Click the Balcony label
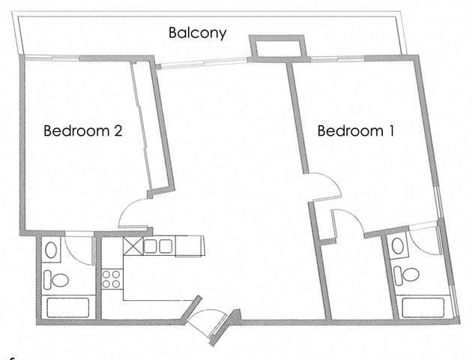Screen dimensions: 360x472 pyautogui.click(x=197, y=33)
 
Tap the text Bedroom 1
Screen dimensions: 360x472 pyautogui.click(x=356, y=131)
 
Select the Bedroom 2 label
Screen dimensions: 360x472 pyautogui.click(x=82, y=130)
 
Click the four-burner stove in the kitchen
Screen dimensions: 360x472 pyautogui.click(x=112, y=279)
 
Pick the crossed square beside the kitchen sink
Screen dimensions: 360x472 pyautogui.click(x=133, y=246)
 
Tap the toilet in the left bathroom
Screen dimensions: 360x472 pyautogui.click(x=56, y=280)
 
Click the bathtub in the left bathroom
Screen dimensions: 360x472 pyautogui.click(x=67, y=307)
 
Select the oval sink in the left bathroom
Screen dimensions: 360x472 pyautogui.click(x=51, y=250)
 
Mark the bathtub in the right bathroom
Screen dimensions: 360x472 pyautogui.click(x=424, y=307)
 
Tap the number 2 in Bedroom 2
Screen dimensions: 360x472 pyautogui.click(x=117, y=130)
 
